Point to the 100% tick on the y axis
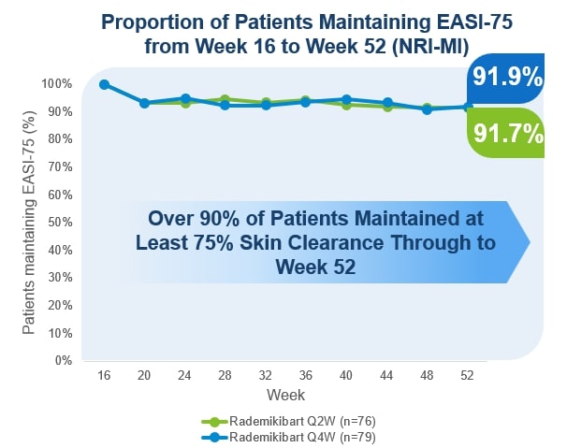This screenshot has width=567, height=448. [x=58, y=84]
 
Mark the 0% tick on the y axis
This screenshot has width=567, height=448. [x=65, y=360]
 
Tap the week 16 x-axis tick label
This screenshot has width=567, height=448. [x=105, y=374]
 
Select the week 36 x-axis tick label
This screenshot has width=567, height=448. [x=305, y=374]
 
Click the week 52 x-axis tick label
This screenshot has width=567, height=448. [x=467, y=374]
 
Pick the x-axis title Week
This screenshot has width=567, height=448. [x=285, y=395]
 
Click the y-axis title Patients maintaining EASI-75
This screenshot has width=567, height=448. [x=29, y=222]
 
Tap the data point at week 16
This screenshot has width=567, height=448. [x=105, y=84]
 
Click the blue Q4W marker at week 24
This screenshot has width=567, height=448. [x=185, y=98]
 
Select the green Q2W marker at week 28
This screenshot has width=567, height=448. [x=225, y=99]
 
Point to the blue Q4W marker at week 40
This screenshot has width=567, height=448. [x=346, y=99]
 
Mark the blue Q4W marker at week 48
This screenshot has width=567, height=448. [x=427, y=109]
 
